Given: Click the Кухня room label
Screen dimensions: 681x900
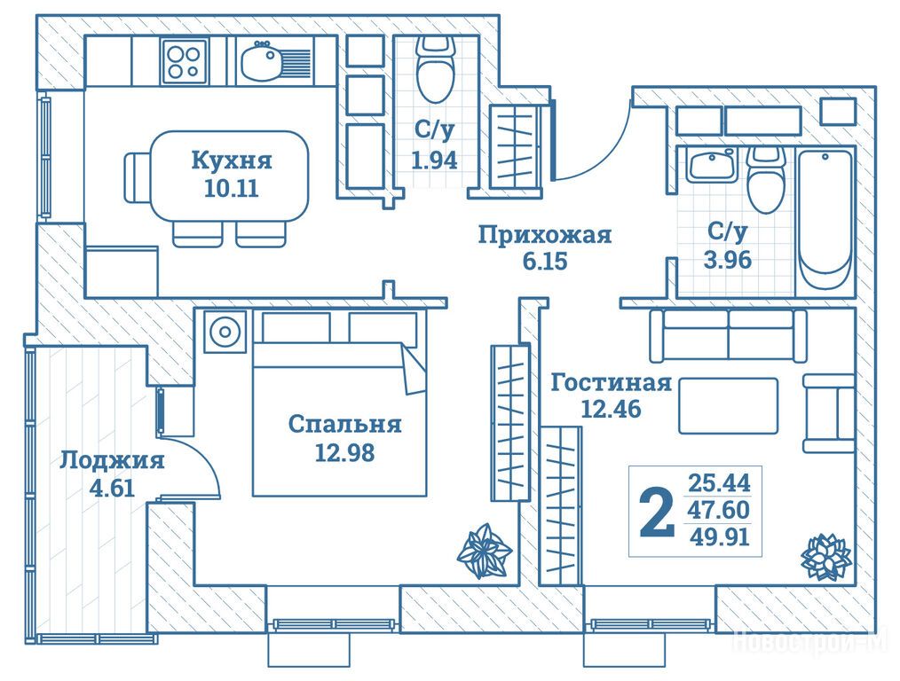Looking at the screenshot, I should tap(231, 161).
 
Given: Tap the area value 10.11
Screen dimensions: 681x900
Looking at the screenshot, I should tap(231, 188).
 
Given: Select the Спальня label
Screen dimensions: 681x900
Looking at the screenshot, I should tap(344, 425).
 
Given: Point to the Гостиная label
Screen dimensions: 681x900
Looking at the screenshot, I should tap(610, 384).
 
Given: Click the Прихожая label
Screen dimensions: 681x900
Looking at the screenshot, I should tap(544, 235).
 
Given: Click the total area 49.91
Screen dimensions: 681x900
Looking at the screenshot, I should tap(719, 536).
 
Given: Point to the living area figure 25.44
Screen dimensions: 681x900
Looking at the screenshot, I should tap(719, 484).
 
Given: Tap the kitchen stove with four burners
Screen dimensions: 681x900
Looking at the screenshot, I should tap(185, 61).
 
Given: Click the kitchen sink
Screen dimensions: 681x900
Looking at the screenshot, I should tap(263, 62).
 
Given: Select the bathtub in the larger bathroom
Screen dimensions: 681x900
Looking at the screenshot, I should tap(825, 218).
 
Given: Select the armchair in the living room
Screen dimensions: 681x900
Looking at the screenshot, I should tap(829, 412).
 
